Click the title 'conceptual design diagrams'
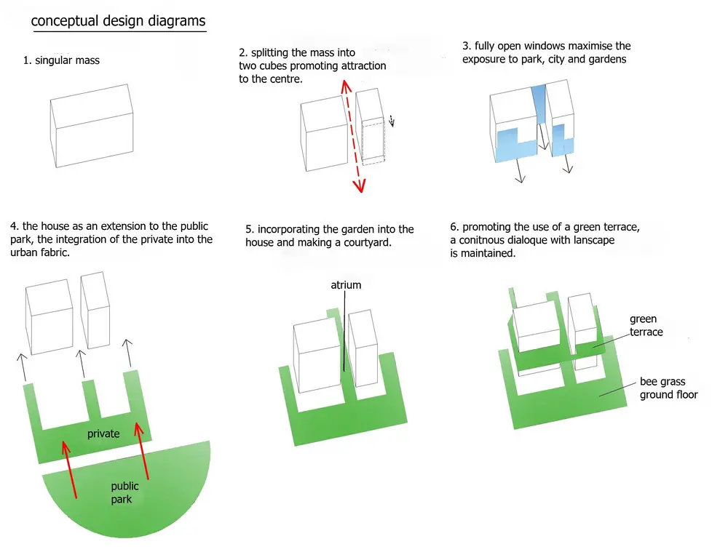click(118, 21)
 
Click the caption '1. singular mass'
click(61, 60)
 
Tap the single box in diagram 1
click(92, 127)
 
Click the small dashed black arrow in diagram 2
click(392, 120)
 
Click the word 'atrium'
click(346, 285)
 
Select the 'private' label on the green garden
click(103, 434)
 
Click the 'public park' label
click(124, 493)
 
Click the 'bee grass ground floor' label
click(668, 388)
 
